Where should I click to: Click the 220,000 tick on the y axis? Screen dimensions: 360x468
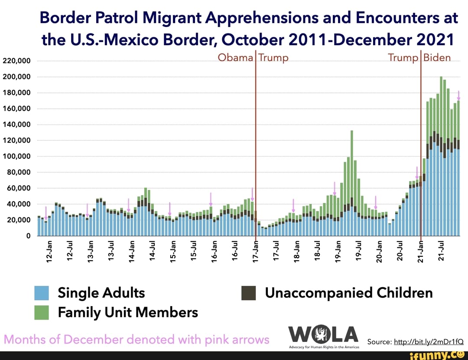[x=16, y=61]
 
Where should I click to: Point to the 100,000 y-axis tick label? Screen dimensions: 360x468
[x=16, y=156]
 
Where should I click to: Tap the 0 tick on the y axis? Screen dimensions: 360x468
[x=27, y=236]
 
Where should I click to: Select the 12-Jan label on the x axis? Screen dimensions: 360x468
[x=49, y=251]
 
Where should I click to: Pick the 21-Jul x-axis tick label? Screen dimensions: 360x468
[x=441, y=251]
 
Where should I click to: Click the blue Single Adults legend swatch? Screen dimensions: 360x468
[x=42, y=293]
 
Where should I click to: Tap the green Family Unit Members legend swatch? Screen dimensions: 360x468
[x=42, y=312]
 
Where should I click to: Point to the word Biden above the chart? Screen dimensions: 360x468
[x=437, y=58]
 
